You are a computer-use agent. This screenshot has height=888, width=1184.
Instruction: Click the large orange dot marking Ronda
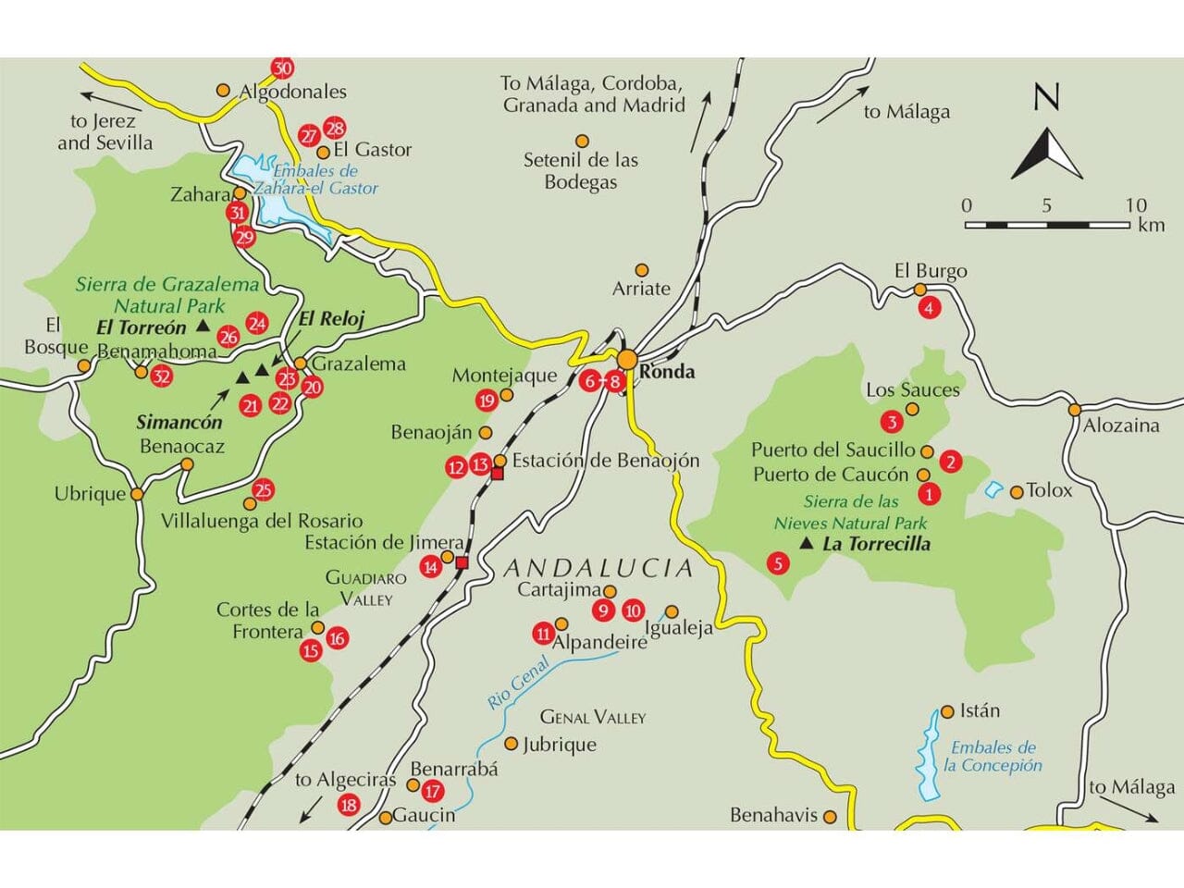(628, 360)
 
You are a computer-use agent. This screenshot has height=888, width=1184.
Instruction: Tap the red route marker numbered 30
(282, 68)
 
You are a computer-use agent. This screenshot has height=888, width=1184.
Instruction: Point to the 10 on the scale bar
(1136, 204)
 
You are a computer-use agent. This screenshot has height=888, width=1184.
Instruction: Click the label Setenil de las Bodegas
(581, 171)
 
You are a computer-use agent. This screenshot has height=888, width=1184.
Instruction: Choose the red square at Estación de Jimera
(462, 561)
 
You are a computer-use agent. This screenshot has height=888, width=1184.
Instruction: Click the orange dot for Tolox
(1017, 492)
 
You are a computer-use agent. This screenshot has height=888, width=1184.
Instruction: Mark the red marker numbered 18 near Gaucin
(349, 805)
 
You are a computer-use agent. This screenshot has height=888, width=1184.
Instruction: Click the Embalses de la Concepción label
(993, 757)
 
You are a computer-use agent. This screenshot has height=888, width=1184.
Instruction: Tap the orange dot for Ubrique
(137, 494)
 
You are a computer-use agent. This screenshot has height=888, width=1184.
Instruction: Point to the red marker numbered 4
(930, 309)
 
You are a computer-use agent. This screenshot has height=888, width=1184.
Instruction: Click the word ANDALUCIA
(598, 567)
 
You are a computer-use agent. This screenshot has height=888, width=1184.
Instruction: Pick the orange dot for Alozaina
(1075, 409)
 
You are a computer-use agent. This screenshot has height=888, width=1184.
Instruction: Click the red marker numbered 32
(162, 376)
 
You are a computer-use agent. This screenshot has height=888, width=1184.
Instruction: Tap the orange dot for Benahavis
(831, 817)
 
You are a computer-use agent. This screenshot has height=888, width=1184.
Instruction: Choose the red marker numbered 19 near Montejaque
(487, 401)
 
